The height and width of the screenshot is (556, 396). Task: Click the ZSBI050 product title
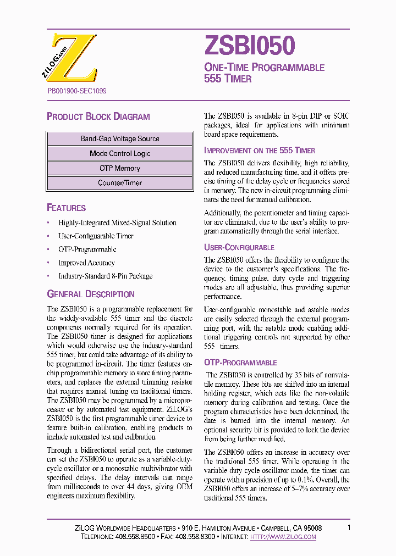click(250, 46)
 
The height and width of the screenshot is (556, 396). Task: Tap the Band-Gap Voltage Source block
click(120, 139)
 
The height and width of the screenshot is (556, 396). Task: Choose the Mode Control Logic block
click(120, 154)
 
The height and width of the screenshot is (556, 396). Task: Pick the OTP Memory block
click(120, 169)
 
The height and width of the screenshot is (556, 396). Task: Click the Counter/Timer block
click(120, 183)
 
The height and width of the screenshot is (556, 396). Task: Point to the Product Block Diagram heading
click(98, 116)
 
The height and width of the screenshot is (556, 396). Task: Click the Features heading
click(67, 208)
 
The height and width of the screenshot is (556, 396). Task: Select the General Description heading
click(91, 294)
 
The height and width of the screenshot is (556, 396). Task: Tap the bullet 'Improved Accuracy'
click(86, 263)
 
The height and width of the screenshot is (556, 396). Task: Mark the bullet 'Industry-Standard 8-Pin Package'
click(105, 276)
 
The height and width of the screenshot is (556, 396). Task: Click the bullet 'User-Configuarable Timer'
click(96, 236)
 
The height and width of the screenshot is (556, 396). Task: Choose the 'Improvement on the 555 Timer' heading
click(260, 151)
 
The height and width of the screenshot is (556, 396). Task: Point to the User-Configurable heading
click(239, 248)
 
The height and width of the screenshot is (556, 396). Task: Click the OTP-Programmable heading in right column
click(240, 363)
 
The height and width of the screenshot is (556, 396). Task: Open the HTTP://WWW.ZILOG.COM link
click(283, 537)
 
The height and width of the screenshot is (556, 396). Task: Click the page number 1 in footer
click(349, 528)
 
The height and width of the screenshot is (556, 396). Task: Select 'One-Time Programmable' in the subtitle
click(265, 68)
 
